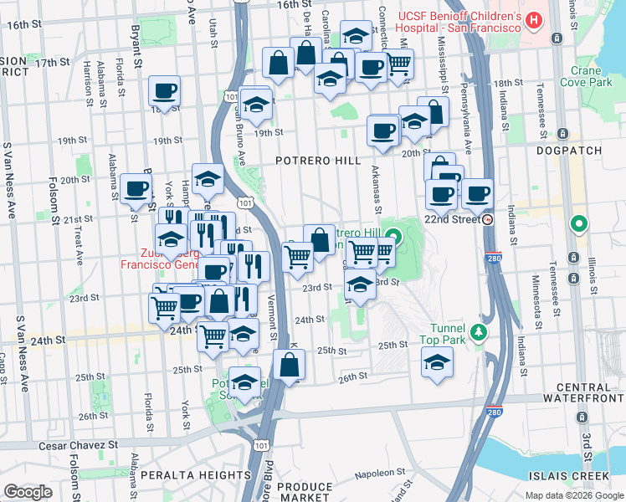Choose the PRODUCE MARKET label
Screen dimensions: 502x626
coord(305,492)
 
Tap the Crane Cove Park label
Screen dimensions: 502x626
coord(593,77)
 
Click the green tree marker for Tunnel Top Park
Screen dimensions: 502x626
coord(478,333)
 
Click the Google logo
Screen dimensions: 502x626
coord(28,491)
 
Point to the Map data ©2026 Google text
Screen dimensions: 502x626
coord(574,494)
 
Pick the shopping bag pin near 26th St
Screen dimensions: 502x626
coord(289,365)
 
